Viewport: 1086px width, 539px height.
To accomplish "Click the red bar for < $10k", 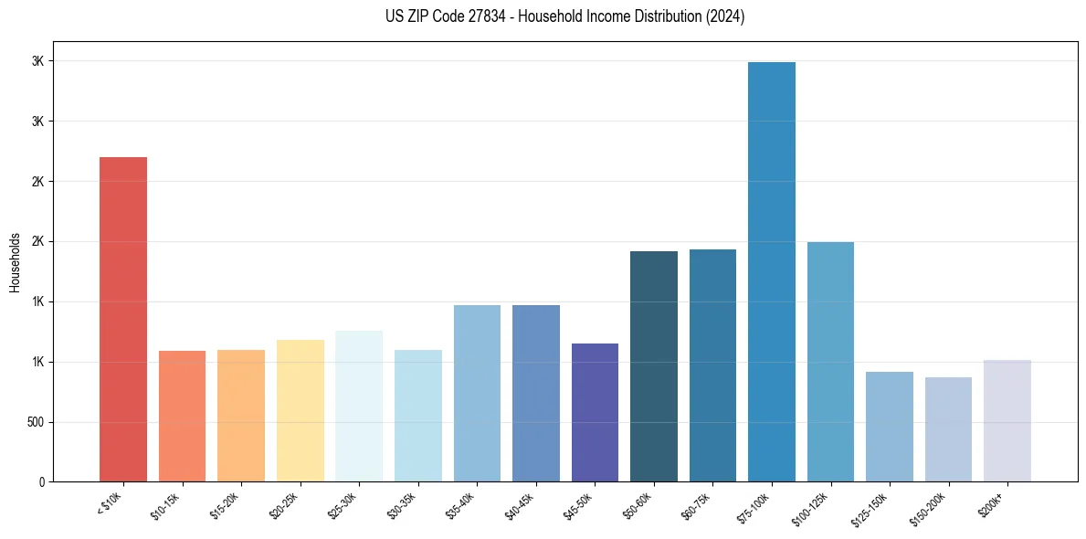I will click(122, 319).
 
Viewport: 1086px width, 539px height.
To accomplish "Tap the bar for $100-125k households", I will click(830, 362).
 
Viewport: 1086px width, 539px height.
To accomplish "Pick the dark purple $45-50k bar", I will click(595, 412).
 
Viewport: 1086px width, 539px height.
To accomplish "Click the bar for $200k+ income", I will click(1007, 420).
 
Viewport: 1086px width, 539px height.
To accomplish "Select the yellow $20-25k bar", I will click(300, 410).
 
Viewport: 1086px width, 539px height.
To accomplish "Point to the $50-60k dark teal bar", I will click(653, 366).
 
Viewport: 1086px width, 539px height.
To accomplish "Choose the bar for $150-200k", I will click(948, 429).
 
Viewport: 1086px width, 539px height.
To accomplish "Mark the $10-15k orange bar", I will click(182, 416).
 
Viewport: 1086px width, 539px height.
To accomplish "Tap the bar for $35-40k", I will click(477, 393).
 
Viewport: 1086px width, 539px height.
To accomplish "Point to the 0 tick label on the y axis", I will click(40, 481).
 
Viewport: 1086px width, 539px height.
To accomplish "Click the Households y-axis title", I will click(15, 261).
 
